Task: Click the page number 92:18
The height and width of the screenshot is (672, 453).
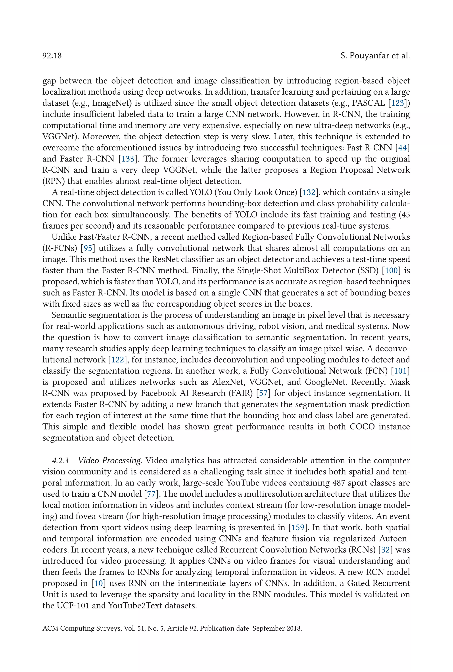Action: [52, 56]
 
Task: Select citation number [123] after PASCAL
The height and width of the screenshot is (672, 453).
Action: [397, 103]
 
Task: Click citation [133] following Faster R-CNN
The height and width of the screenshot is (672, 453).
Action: [128, 159]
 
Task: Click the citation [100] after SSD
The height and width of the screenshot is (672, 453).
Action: [391, 271]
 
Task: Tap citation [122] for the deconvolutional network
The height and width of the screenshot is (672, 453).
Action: [117, 360]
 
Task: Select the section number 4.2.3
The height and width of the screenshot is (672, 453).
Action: [60, 461]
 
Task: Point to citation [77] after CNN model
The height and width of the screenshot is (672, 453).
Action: [151, 494]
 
